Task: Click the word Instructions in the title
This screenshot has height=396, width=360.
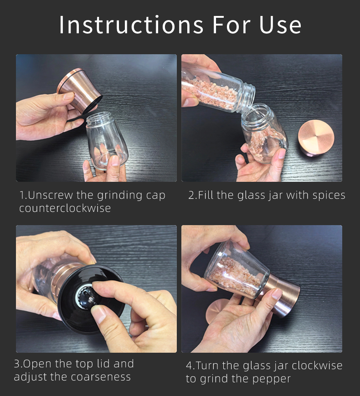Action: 131,25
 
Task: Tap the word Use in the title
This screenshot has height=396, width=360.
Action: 280,25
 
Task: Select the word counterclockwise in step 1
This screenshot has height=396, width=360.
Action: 65,208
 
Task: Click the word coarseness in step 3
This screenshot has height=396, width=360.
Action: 101,377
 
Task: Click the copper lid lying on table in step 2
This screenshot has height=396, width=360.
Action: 316,138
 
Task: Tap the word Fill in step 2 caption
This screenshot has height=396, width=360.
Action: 206,195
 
